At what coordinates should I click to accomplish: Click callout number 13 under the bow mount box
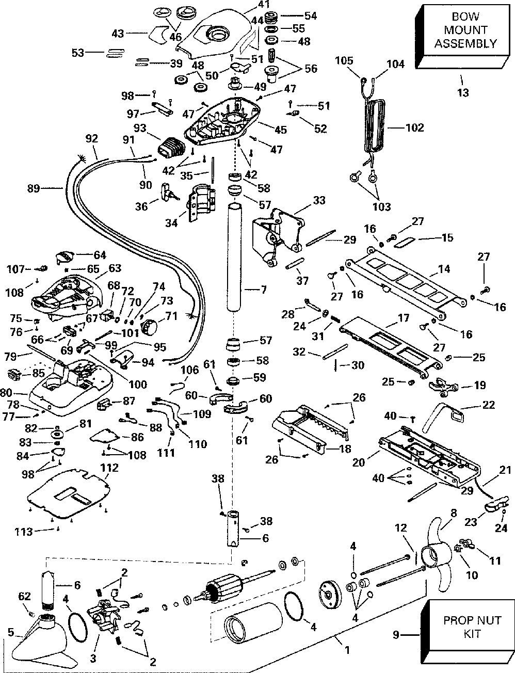[463, 93]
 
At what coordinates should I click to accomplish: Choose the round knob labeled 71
[151, 327]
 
